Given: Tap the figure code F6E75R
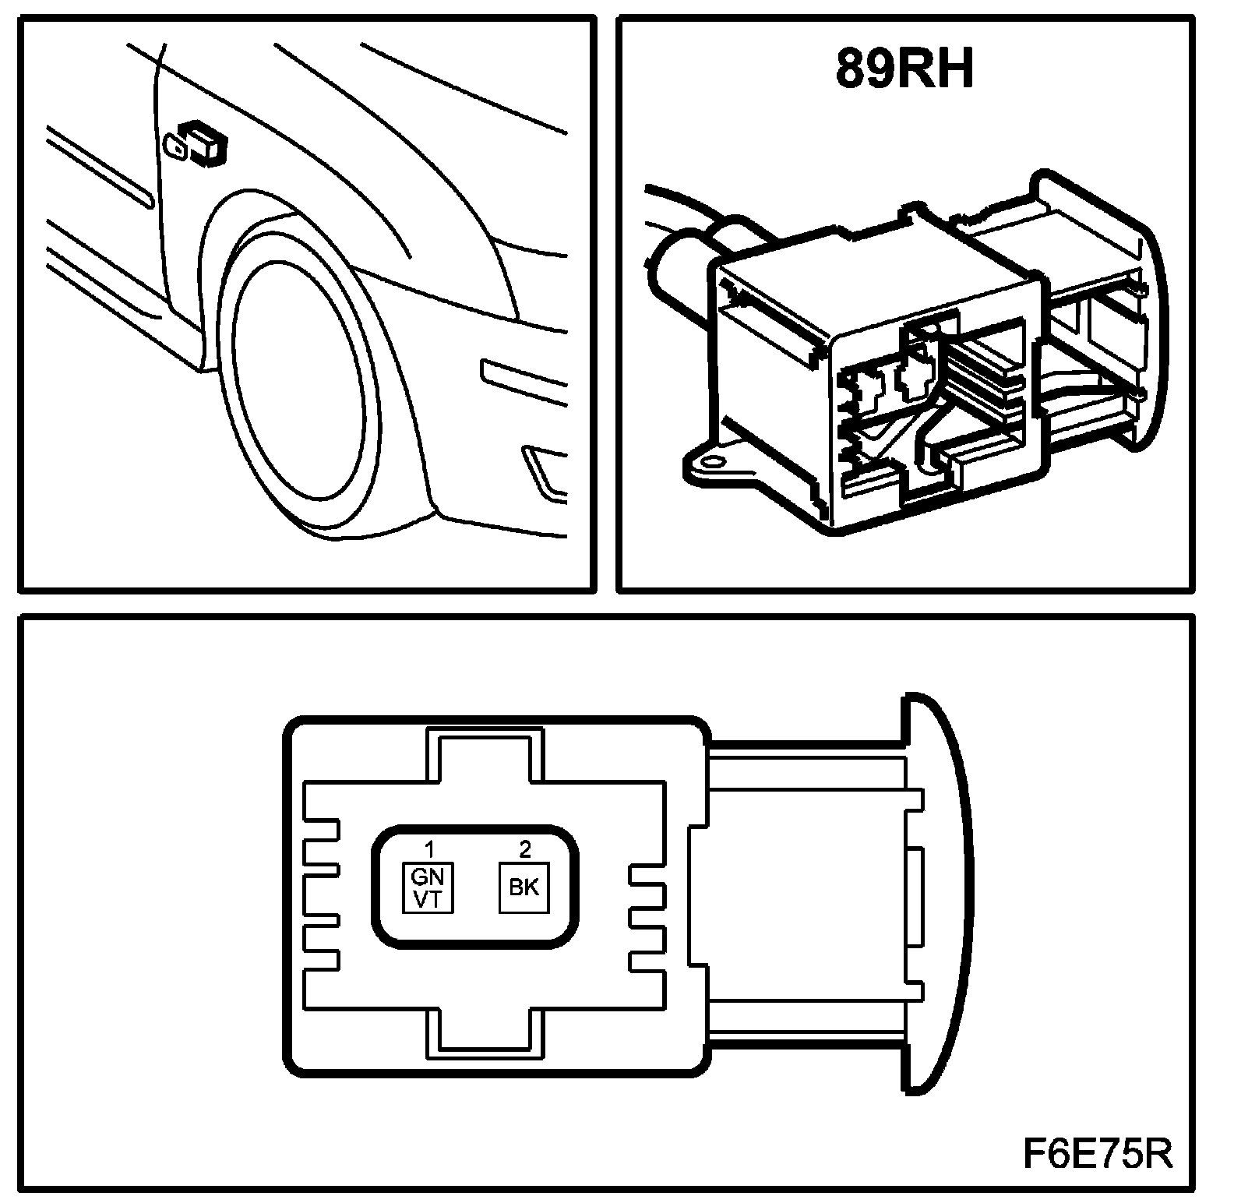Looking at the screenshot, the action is (x=1097, y=1153).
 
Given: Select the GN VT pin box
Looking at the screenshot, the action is (x=428, y=887).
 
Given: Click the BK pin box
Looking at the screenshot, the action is (x=524, y=887).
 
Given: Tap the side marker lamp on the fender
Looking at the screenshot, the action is (x=199, y=143).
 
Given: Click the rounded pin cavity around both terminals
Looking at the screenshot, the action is (x=477, y=887).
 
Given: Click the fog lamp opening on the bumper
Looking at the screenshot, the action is (x=545, y=471).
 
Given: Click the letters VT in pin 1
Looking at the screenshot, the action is (x=428, y=899).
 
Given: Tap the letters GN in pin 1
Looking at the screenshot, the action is (x=428, y=876).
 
